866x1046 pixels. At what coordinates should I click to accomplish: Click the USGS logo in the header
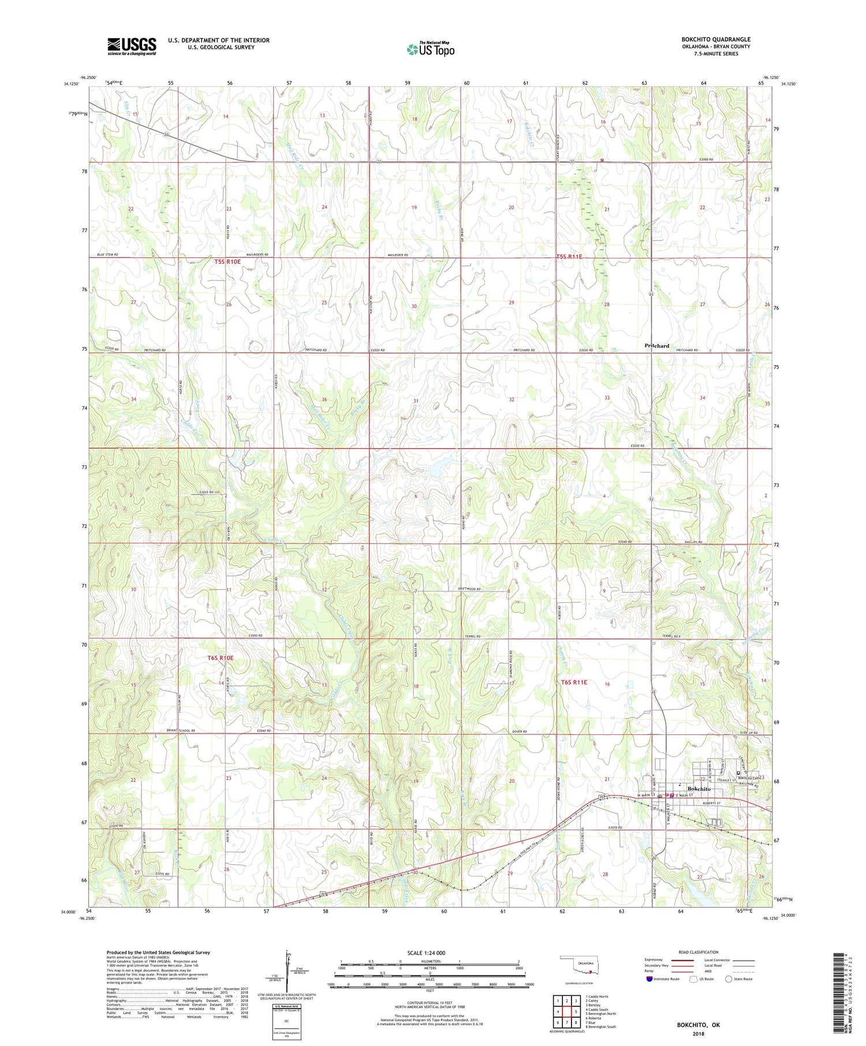(132, 46)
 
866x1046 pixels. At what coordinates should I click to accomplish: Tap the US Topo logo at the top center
(430, 50)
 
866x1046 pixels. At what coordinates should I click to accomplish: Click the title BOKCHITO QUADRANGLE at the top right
(715, 39)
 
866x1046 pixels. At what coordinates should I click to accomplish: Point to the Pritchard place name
(656, 346)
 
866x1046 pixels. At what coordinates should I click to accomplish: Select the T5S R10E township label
(227, 261)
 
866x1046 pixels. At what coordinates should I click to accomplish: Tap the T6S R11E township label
(574, 682)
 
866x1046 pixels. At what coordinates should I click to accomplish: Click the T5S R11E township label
(569, 257)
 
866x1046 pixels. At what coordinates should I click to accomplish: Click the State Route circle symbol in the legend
(729, 978)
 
